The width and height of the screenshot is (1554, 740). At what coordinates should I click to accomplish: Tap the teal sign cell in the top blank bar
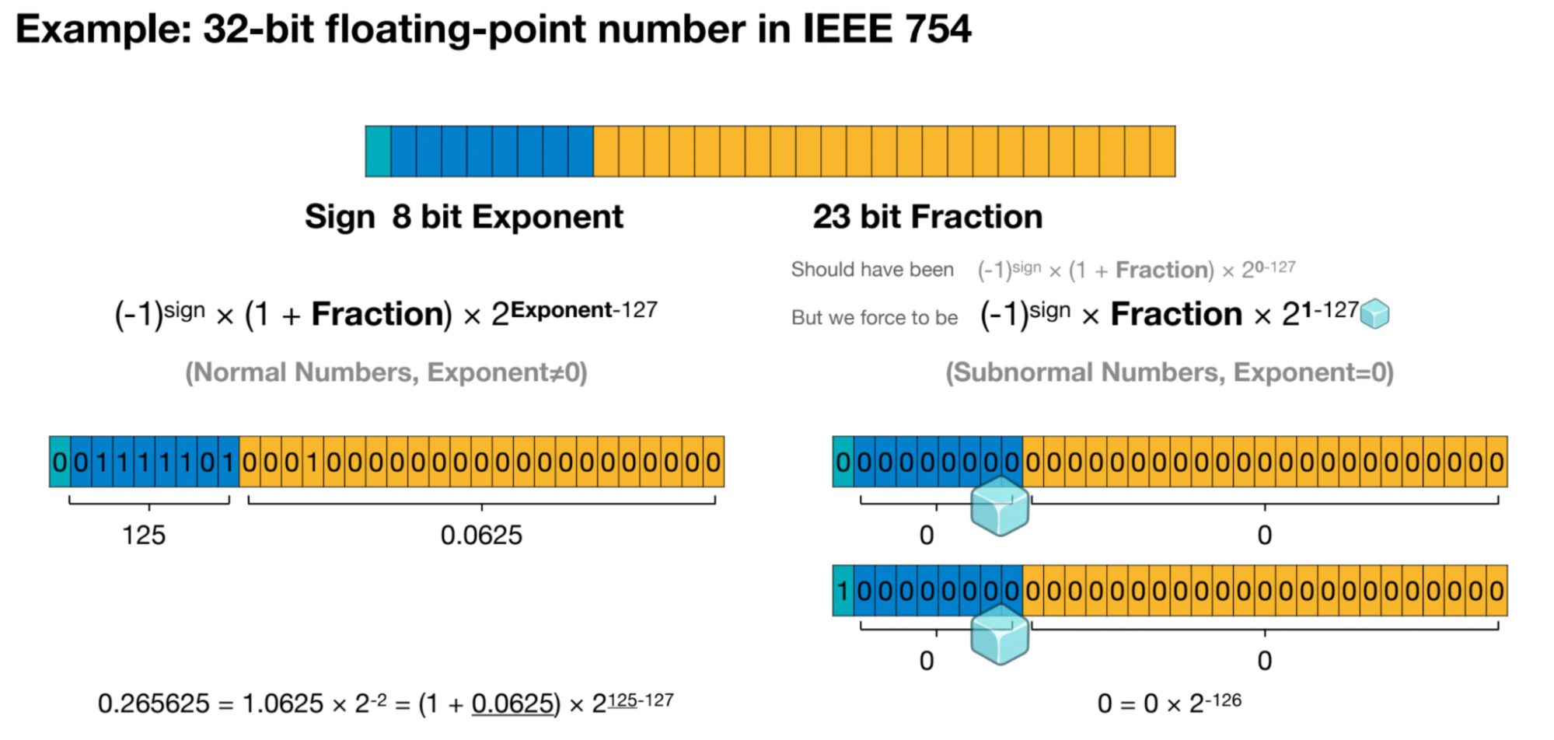tap(378, 152)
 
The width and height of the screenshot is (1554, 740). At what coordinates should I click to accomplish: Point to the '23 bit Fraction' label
tap(927, 217)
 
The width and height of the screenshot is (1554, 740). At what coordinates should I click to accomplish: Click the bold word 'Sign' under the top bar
tap(340, 217)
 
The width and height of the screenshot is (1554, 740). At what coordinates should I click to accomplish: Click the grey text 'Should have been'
tap(872, 270)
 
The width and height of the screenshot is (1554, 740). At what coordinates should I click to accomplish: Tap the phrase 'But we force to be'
tap(875, 317)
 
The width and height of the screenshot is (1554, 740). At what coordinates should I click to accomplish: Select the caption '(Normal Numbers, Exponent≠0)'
tap(386, 372)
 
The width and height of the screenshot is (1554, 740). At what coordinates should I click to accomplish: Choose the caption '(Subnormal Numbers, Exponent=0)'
tap(1169, 372)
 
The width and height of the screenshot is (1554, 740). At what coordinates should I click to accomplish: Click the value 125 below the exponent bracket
tap(144, 536)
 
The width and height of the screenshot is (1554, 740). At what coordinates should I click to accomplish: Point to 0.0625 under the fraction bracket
tap(481, 536)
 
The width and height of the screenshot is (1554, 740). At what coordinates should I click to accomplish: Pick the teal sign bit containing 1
tap(843, 592)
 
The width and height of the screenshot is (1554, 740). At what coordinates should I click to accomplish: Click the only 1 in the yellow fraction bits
tap(313, 462)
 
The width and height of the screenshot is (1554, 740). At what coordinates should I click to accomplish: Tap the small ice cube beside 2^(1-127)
tap(1374, 313)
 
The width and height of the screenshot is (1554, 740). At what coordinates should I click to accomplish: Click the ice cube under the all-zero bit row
tap(1000, 506)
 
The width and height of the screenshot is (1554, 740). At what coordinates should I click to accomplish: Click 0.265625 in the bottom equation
tap(153, 704)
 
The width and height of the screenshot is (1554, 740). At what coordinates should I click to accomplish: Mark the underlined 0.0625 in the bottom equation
tap(513, 704)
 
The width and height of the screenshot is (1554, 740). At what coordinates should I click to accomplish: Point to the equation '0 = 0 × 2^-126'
tap(1169, 703)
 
